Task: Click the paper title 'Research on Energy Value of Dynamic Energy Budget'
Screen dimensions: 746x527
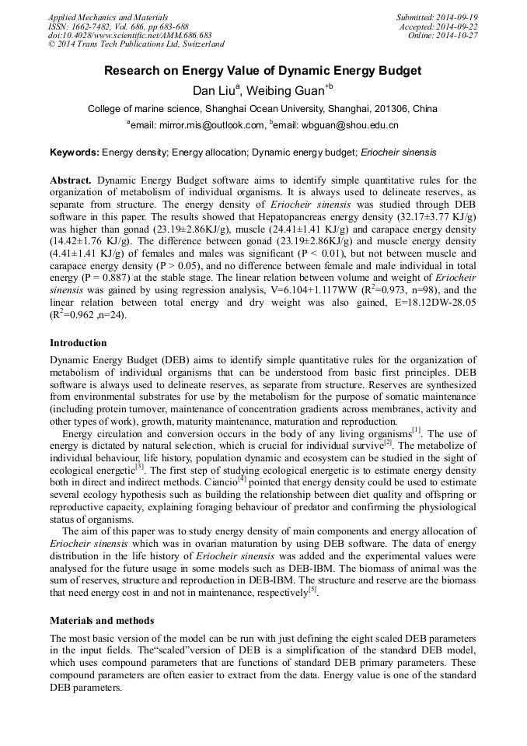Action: coord(263,71)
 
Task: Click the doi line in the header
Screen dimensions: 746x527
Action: coord(130,36)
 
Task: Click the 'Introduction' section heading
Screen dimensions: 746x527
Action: coord(79,343)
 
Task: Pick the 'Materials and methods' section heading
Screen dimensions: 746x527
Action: coord(102,621)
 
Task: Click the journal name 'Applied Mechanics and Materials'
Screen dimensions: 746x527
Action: coord(108,17)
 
